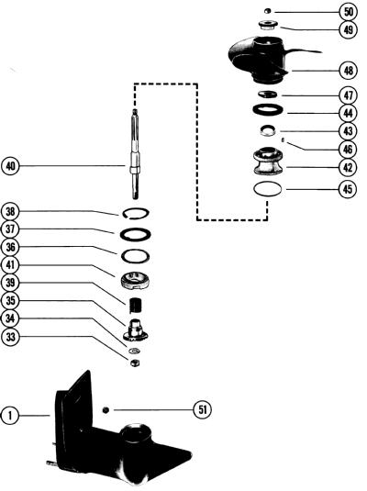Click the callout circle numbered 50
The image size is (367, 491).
(x=349, y=12)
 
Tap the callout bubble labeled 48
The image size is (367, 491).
(x=349, y=71)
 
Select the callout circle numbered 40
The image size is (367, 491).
(x=10, y=166)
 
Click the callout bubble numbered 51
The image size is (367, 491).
(x=203, y=409)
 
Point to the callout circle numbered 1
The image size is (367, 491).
(x=10, y=416)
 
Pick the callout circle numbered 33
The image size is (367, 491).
(x=10, y=337)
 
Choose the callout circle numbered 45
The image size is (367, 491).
(x=348, y=189)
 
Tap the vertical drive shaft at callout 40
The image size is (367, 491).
(x=135, y=153)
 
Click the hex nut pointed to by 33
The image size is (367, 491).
(x=135, y=363)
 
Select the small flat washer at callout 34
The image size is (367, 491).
(x=134, y=350)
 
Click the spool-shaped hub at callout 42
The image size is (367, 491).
(x=268, y=162)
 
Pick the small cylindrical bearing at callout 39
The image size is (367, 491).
(x=136, y=306)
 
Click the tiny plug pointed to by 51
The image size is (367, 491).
(x=106, y=409)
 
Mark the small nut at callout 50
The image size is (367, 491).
(x=267, y=11)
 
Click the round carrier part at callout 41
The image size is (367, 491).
(x=135, y=280)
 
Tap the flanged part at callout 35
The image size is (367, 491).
(x=136, y=330)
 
